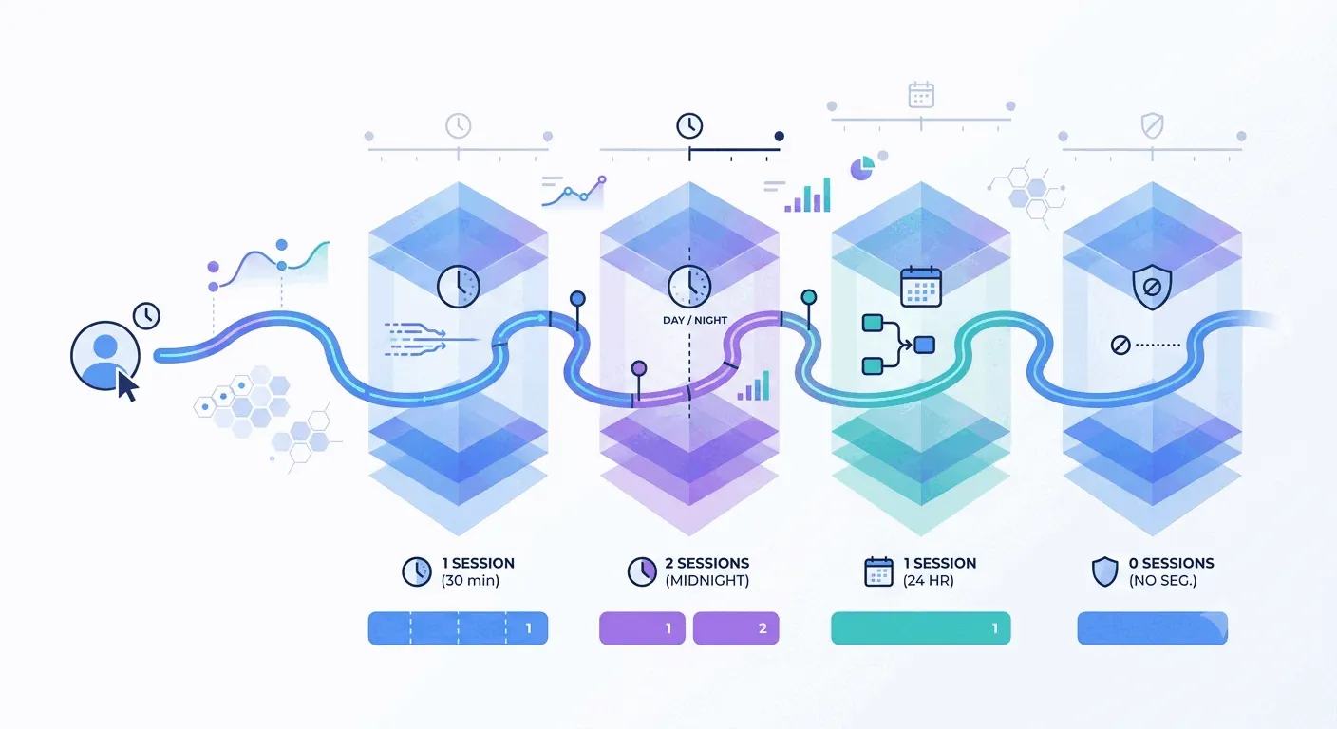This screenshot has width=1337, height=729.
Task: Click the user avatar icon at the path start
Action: pos(105,356)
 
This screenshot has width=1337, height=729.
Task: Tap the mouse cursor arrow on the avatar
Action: pos(126,386)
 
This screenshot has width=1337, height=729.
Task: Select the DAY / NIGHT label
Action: pos(695,320)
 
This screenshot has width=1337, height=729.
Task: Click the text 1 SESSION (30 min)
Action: pos(478,571)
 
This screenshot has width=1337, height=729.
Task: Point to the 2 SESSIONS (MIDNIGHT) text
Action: pos(706,571)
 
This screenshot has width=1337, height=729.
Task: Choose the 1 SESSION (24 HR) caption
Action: pos(939,571)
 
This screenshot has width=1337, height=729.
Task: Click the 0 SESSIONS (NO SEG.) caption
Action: pos(1171,571)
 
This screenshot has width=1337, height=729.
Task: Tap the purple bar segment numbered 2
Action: pos(736,628)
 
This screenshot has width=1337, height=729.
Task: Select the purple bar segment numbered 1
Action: pos(642,628)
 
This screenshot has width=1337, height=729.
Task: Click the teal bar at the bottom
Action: pos(921,628)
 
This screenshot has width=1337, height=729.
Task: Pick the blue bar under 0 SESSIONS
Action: pos(1153,628)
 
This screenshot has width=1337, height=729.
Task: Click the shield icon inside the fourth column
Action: pos(1152,287)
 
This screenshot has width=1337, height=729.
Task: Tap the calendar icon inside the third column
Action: pos(921,287)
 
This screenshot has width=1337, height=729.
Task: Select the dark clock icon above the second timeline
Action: pos(689,126)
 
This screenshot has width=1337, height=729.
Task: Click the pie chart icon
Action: pos(862,168)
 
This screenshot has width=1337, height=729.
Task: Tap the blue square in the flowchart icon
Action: pos(925,345)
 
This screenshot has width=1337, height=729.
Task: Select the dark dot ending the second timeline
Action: pos(779,136)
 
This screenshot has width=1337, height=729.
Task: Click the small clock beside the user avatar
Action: pos(146,315)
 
